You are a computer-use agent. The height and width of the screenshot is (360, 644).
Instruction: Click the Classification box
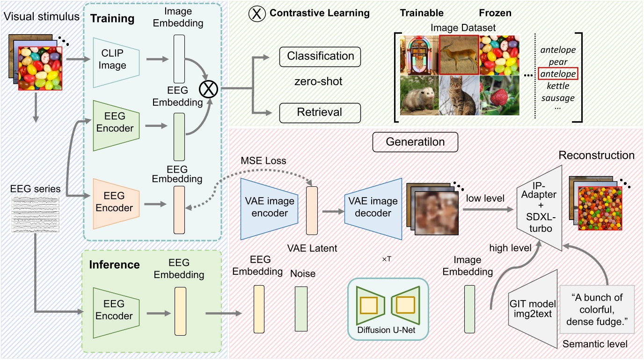pos(320,56)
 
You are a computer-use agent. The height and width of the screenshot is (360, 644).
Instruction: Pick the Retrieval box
pos(320,112)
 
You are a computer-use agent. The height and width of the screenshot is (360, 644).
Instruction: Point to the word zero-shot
pos(318,82)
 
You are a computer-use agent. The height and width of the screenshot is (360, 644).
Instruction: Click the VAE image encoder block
pos(269,207)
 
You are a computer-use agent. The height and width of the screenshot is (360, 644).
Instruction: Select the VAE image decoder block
pos(373,207)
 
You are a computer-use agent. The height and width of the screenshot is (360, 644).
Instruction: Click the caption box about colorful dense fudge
pos(597,309)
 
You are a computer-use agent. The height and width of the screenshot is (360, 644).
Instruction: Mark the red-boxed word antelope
pos(558,74)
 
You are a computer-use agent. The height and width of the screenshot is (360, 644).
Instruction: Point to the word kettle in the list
pos(558,86)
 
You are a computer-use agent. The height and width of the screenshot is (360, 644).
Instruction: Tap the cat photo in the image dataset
pos(459,96)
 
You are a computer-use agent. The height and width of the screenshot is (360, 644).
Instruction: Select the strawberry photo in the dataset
pos(499,96)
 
